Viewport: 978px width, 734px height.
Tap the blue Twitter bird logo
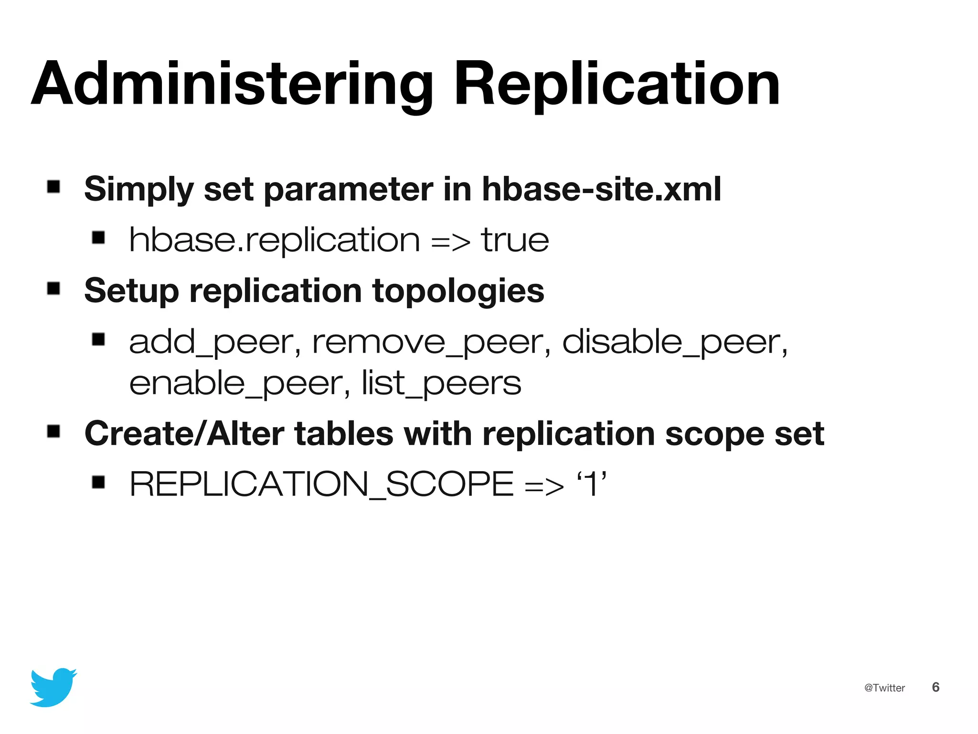pos(53,687)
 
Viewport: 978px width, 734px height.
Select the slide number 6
pos(935,687)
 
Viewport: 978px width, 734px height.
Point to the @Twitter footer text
pos(884,688)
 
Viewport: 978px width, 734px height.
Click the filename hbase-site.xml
pos(601,189)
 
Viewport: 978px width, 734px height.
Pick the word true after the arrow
pos(515,240)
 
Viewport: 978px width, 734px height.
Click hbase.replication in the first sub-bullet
pos(275,240)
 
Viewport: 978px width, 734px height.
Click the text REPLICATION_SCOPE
pos(321,484)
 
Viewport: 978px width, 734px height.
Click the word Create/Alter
pos(184,434)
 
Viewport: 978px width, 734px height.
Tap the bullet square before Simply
pos(53,186)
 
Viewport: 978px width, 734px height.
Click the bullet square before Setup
pos(53,288)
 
